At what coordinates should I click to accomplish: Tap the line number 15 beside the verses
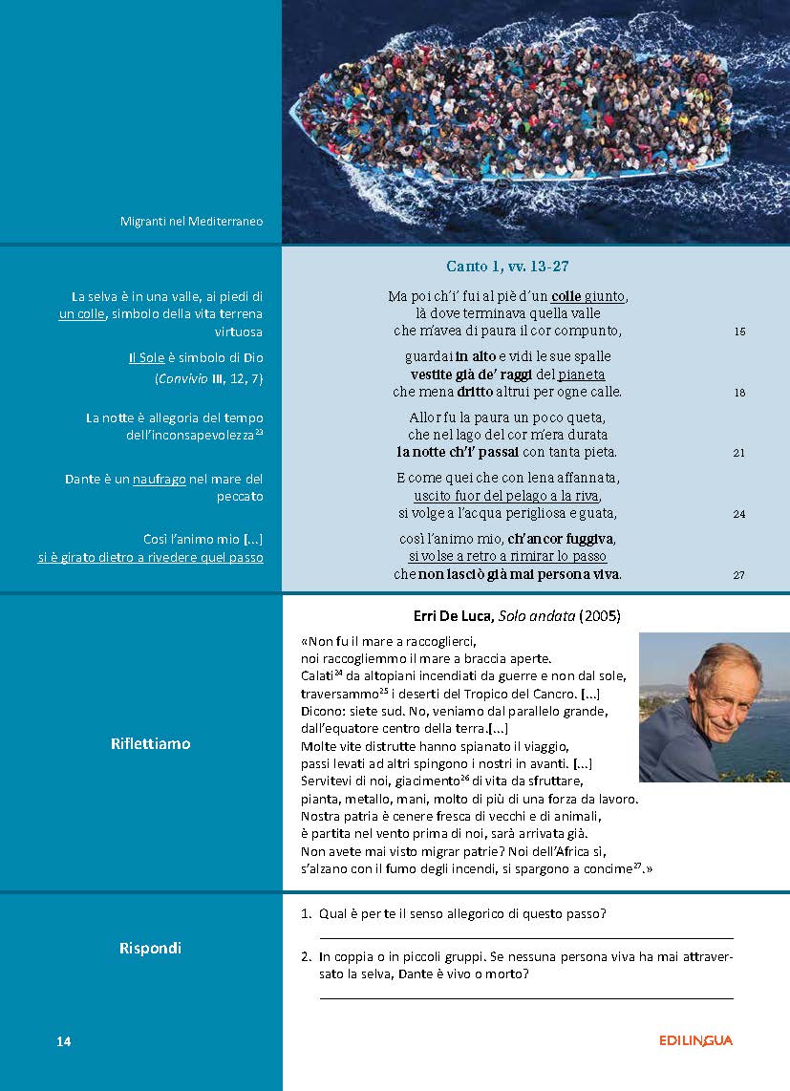(x=739, y=332)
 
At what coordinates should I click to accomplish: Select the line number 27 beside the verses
(x=739, y=575)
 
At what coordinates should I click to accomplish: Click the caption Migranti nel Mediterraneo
(x=191, y=222)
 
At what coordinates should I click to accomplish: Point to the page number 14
(x=64, y=1041)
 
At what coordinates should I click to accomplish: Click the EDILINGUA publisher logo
(x=695, y=1040)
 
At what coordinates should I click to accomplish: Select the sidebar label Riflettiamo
(x=151, y=743)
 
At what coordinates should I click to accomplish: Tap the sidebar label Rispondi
(x=150, y=949)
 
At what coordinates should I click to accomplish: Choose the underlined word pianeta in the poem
(x=582, y=374)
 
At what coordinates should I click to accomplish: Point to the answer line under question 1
(x=525, y=938)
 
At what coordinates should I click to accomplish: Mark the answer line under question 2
(x=525, y=998)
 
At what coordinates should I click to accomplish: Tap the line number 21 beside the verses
(x=739, y=453)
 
